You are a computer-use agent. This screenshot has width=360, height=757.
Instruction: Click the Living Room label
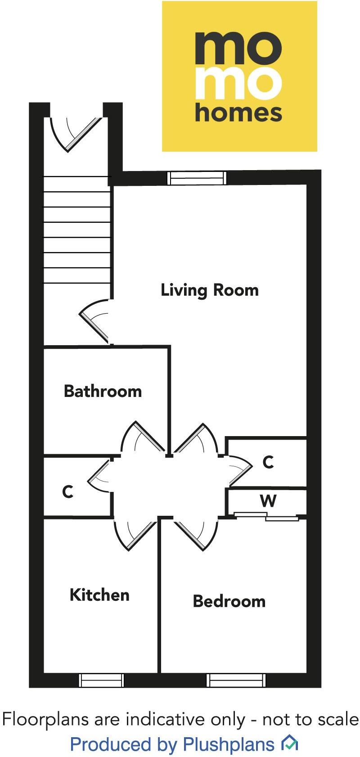pos(210,290)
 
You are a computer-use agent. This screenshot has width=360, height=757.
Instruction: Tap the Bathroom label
pos(103,391)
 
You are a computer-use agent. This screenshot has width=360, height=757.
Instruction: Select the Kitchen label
pos(99,595)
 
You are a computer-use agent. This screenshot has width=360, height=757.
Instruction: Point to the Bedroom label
pos(229,601)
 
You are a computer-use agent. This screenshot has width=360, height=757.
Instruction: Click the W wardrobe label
pos(268,500)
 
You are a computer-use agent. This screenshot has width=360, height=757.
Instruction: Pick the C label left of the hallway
pos(67,491)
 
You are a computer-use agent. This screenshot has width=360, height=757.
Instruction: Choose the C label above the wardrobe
pos(268,462)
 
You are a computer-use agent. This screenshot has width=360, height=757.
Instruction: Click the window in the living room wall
pos(196,178)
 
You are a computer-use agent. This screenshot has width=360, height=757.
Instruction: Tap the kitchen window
pos(101,680)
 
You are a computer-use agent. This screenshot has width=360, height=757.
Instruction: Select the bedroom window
pos(236,680)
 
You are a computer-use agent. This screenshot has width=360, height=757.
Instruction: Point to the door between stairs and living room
pos(95,321)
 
